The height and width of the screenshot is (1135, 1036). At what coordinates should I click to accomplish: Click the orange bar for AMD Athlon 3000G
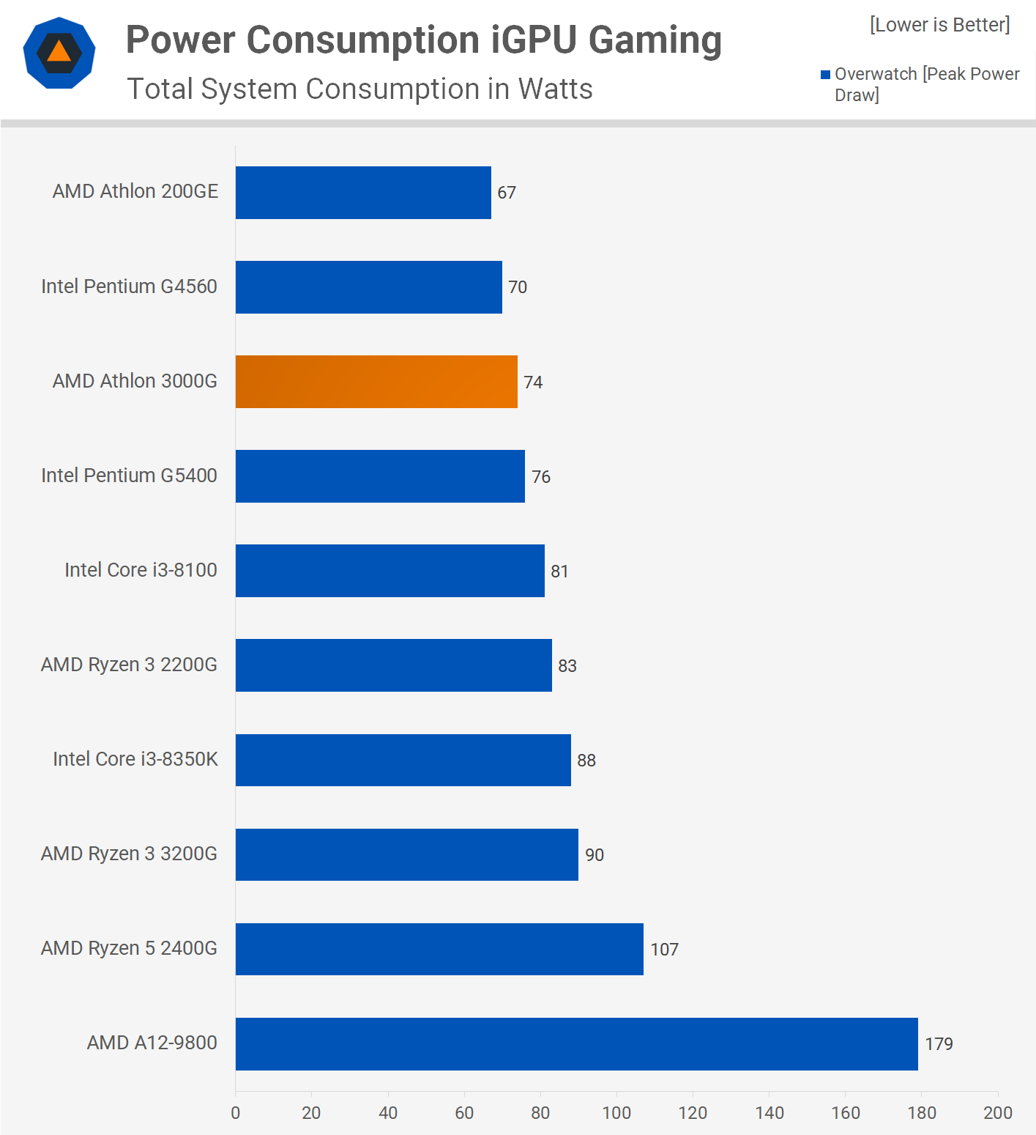coord(376,382)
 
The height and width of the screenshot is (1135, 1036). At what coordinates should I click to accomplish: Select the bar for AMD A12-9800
coord(576,1044)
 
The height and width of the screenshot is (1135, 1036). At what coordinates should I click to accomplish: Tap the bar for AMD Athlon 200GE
coord(363,193)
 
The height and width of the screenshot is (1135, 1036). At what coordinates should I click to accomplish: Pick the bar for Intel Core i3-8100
coord(390,571)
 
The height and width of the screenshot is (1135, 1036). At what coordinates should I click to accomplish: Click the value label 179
coord(939,1044)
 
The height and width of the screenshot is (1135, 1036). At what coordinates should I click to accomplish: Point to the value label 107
coord(664,950)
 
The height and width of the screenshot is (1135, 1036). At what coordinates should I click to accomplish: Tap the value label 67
coord(507,193)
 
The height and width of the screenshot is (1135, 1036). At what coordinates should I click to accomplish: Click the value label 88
coord(586,761)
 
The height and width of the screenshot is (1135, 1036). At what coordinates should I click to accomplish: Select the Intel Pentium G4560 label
coord(129,286)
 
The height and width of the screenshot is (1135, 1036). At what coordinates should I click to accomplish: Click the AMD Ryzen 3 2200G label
coord(129,665)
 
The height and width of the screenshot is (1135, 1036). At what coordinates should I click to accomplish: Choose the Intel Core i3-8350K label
coord(135,759)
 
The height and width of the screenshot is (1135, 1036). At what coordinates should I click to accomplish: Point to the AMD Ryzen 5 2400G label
coord(129,948)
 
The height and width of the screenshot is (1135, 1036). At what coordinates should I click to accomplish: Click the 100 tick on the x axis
coord(616,1113)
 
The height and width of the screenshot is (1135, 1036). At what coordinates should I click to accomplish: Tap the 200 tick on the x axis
coord(998,1113)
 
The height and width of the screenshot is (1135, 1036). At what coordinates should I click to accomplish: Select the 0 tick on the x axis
coord(236,1113)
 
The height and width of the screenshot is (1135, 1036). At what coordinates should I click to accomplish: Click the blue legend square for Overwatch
coord(825,75)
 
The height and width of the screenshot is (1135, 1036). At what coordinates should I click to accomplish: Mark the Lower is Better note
coord(939,25)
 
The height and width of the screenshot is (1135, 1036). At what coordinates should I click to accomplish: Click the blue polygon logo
coord(59,53)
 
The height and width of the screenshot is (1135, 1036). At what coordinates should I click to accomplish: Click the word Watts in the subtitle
coord(555,89)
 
